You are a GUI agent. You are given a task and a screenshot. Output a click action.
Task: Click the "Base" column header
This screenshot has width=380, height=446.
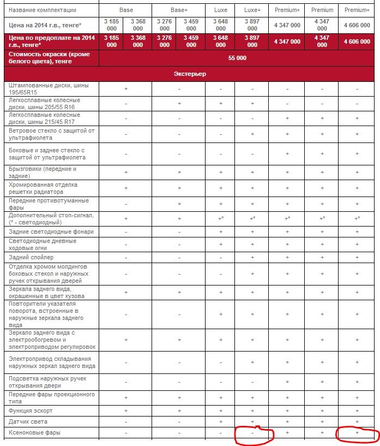point(126,10)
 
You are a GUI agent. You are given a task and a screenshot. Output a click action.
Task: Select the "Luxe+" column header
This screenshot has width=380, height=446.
point(252,10)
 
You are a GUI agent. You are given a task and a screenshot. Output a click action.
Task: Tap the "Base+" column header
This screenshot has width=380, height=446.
point(179,10)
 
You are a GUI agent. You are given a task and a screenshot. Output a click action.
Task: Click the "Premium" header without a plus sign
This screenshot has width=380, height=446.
point(322,10)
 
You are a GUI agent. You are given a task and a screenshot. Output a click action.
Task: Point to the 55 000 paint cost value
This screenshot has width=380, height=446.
point(237,58)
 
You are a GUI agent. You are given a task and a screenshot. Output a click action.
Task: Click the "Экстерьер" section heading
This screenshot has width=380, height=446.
point(189,74)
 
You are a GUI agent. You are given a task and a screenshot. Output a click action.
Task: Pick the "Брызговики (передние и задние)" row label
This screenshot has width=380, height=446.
point(43,172)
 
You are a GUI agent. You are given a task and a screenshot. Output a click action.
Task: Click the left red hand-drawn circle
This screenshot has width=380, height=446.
point(254,434)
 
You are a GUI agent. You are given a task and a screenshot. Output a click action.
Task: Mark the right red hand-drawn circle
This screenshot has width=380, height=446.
point(357,434)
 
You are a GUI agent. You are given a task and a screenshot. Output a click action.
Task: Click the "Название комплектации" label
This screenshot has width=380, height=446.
point(43,10)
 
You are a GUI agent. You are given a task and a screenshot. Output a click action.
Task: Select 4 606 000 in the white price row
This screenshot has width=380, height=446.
point(357,25)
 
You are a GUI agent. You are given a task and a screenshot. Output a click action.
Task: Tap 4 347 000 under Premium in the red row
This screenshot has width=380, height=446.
point(322,41)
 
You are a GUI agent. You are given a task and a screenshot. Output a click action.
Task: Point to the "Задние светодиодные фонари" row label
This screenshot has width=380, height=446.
point(51,231)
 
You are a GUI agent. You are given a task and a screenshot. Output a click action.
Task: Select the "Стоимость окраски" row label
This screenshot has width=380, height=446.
point(49,58)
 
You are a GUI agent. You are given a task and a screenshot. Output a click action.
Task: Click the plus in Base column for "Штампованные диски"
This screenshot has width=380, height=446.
point(126,88)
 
